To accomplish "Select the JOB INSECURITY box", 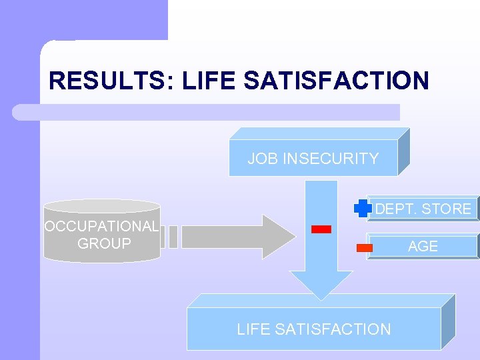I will coord(313,159).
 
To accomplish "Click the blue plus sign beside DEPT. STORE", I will coord(363,209).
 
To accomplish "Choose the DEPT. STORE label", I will coord(423,209).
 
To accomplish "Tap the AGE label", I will coord(423,246).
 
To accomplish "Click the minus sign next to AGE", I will coord(365,247).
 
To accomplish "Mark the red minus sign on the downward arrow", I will coord(321,229).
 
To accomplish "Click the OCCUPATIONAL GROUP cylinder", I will coord(101,231).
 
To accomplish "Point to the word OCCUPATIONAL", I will coord(101,226).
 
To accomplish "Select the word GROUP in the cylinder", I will coord(104,244).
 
